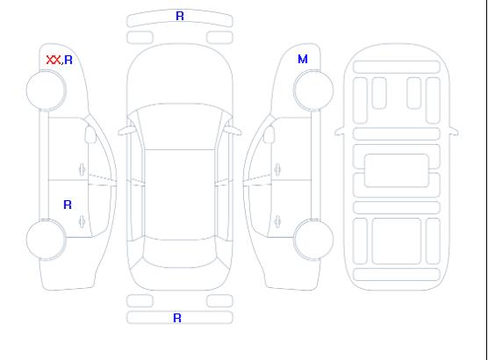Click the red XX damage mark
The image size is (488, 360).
(54, 60)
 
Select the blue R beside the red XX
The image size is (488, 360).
(68, 60)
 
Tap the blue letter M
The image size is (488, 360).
(303, 59)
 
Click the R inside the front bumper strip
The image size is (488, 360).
(180, 16)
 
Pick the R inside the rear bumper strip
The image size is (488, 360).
(177, 318)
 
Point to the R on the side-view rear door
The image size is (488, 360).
(68, 205)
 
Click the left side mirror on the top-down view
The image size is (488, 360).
(126, 131)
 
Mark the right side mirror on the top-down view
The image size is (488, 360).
(233, 131)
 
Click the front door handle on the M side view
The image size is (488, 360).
(277, 169)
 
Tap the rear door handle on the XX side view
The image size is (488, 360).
(82, 221)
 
